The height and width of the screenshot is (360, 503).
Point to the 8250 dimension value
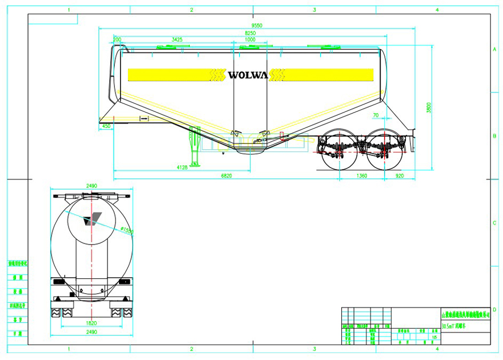coord(250,34)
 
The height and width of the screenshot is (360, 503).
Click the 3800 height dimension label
coord(429,107)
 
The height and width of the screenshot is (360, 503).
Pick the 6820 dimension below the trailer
coord(226,176)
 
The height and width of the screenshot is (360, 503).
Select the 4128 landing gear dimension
coord(182,167)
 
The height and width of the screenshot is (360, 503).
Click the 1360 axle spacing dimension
coord(362,176)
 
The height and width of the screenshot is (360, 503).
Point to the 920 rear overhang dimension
coord(400,176)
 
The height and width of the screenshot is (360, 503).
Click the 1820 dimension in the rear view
coord(91,323)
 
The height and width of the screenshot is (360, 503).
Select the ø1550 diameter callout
coord(127,231)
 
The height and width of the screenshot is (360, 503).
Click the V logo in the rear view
coord(91,219)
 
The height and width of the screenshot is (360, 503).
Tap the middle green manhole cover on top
coord(249,47)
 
